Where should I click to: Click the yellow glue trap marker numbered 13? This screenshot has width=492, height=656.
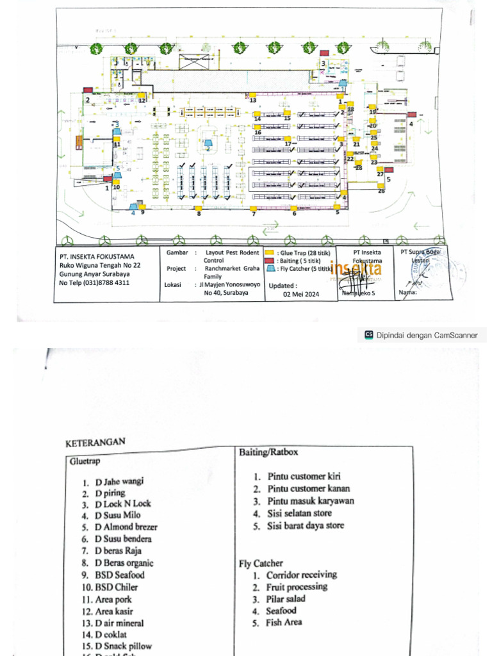click(x=252, y=95)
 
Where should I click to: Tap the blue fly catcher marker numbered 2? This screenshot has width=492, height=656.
click(x=208, y=140)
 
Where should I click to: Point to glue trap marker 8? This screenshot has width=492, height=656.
click(x=199, y=208)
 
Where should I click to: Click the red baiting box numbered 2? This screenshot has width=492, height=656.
click(x=86, y=94)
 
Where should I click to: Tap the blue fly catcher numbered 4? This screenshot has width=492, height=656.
click(x=135, y=206)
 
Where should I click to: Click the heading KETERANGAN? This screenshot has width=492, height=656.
click(x=95, y=443)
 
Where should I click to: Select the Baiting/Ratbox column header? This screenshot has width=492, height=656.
click(x=268, y=452)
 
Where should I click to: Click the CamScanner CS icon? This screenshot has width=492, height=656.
click(x=368, y=334)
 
